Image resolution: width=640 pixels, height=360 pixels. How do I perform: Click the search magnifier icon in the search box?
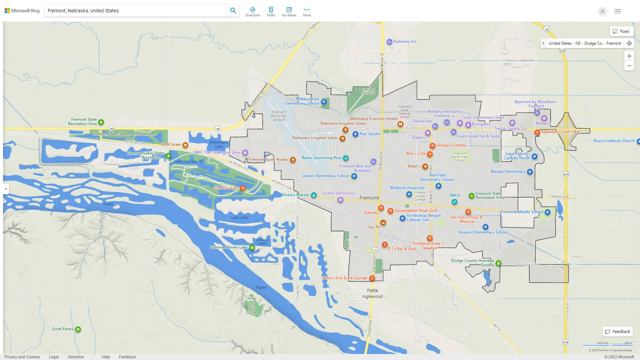pos(233,11)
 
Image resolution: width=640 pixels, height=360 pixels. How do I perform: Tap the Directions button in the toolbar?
pos(253,11)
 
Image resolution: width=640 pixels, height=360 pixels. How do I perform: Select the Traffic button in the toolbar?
pos(271,11)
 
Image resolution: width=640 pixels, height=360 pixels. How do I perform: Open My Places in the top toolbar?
pos(289,11)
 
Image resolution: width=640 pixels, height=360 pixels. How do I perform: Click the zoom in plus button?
pos(629,56)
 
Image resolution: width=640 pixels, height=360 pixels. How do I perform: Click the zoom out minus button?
pos(629,66)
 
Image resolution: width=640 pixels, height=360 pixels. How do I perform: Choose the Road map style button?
pos(621,31)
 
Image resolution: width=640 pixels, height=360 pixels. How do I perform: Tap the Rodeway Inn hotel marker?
pos(389,42)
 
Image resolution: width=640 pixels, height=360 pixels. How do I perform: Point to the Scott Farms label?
pos(63,329)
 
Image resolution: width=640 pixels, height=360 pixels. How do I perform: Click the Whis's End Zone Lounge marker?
pos(372,278)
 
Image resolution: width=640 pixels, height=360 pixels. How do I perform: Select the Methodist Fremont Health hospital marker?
pos(400,124)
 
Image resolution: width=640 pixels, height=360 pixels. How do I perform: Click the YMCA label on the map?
pos(454,196)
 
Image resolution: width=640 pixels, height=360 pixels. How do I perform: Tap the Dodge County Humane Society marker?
pos(498,263)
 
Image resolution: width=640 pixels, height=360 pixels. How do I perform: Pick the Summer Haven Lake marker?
pos(252,248)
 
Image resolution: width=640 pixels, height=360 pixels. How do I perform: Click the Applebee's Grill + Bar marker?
pos(537,132)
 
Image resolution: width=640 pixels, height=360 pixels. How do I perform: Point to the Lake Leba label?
pos(240,218)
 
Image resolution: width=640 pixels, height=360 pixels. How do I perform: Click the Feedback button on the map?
pos(618,332)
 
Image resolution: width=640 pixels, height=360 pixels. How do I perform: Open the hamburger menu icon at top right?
pos(618,11)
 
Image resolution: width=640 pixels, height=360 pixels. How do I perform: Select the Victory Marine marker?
pos(314,195)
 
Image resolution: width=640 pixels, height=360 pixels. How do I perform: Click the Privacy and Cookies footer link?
pos(22,357)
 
